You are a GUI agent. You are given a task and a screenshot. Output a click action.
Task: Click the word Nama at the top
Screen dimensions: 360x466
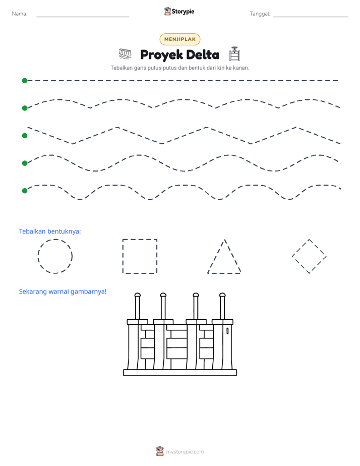tap(19, 14)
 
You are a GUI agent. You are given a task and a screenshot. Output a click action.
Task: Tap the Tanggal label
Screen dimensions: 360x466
tap(260, 14)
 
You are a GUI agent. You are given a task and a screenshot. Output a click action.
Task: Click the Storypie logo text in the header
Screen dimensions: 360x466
tap(183, 12)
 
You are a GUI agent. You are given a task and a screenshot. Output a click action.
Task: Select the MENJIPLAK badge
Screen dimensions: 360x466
tap(180, 39)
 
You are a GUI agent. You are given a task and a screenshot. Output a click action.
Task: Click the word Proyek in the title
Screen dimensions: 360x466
tap(161, 55)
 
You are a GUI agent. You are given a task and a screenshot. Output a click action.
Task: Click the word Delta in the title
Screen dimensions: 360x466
tap(203, 54)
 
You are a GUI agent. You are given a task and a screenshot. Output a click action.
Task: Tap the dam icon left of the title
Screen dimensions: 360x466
tap(125, 54)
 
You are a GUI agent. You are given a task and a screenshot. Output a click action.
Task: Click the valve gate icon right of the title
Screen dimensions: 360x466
tap(234, 54)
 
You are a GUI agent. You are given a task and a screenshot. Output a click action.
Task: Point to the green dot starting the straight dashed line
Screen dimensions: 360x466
tap(25, 81)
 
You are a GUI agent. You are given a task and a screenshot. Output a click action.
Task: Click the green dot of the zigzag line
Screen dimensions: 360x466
tap(25, 136)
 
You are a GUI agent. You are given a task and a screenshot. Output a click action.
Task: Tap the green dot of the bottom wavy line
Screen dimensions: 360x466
tap(25, 191)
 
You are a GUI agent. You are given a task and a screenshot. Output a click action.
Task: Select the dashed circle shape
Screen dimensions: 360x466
tap(38, 256)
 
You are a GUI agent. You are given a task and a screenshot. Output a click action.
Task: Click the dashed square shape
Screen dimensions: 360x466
tap(123, 256)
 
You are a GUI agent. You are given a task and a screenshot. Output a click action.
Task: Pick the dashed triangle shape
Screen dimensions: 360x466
tap(224, 273)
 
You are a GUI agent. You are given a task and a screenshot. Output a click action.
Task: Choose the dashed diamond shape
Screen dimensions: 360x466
tap(301, 248)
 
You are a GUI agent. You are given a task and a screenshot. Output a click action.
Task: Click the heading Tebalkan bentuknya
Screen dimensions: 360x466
tap(50, 231)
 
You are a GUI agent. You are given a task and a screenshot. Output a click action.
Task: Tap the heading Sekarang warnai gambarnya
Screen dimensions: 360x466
tap(63, 292)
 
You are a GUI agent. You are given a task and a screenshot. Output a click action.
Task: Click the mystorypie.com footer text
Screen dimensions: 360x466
tap(185, 452)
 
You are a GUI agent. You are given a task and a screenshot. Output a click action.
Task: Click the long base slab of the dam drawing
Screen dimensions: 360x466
tap(180, 373)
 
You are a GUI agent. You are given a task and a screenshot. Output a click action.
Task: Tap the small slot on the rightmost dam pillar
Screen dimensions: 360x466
tap(227, 331)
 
